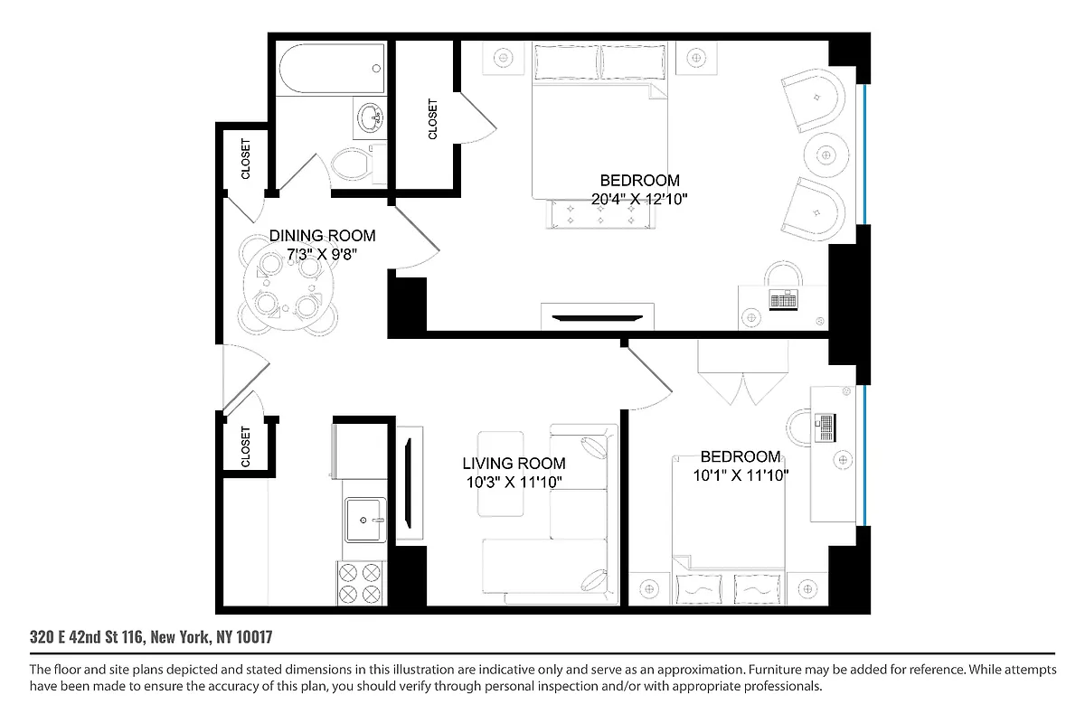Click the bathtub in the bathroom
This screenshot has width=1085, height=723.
[x=328, y=70]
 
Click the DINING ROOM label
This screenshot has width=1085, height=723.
[x=322, y=236]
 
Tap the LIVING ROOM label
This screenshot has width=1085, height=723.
[x=514, y=464]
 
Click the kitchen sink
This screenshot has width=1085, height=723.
[x=365, y=519]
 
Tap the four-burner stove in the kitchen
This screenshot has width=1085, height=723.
[x=360, y=583]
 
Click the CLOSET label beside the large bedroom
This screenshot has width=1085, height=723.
[x=432, y=118]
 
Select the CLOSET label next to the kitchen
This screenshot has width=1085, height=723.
[x=245, y=446]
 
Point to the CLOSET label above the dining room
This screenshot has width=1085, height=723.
[x=246, y=158]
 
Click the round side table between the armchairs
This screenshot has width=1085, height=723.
[x=825, y=155]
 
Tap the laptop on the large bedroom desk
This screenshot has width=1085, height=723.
[x=783, y=299]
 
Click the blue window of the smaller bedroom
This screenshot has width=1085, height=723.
[x=865, y=456]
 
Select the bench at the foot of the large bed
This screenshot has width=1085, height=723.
[x=599, y=215]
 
